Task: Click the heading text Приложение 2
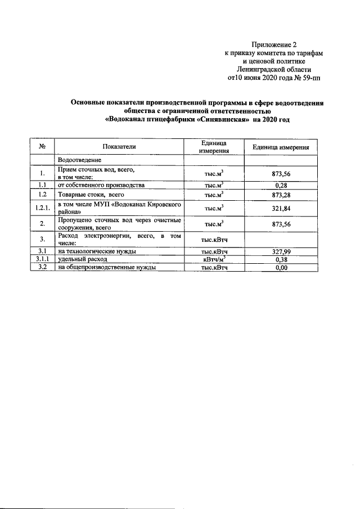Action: coord(273,44)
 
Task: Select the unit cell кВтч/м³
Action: coord(214,260)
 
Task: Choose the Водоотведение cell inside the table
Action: coord(79,160)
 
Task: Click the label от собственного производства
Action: coord(101,184)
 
